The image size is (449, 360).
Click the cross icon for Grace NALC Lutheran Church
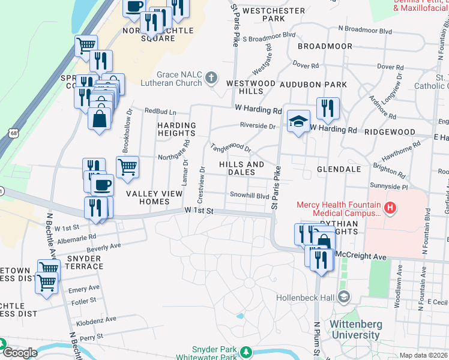pos(211,77)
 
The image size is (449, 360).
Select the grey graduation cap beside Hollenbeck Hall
pos(344,296)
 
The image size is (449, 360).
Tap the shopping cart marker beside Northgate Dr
pos(127,167)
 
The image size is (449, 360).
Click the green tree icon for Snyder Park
pos(246,350)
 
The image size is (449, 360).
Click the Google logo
pos(19,353)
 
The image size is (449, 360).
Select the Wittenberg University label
pos(339,329)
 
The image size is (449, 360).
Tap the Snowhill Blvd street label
pos(250,195)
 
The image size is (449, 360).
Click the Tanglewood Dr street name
pos(230,148)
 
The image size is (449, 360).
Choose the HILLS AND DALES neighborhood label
pos(241,168)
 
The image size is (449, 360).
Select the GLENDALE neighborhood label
pos(339,169)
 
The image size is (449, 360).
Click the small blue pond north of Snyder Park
pos(240,315)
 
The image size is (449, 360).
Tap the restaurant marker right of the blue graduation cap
pos(328,109)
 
